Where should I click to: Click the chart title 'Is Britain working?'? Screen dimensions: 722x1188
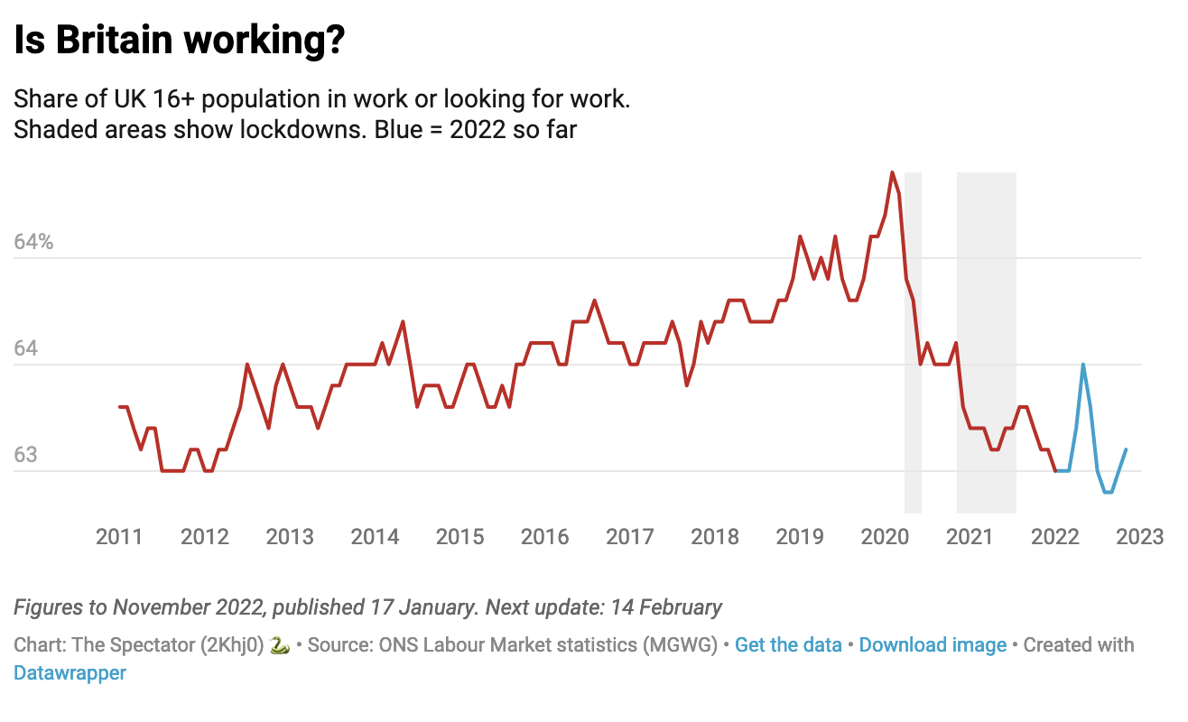pos(180,41)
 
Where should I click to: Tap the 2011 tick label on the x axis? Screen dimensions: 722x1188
pos(119,537)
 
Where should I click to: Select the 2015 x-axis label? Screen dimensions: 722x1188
pos(459,537)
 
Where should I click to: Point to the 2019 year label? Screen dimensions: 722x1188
pos(800,537)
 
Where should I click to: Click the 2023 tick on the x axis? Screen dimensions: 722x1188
pos(1140,537)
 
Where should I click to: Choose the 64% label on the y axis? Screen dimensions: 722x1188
pos(34,242)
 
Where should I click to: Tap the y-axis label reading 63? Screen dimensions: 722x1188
pos(26,454)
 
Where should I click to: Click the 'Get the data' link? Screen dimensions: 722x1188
pos(788,645)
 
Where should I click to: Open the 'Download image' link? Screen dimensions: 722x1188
pos(933,645)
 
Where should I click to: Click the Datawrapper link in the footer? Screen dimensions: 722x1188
pos(70,673)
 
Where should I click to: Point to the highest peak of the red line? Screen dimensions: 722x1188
pos(892,172)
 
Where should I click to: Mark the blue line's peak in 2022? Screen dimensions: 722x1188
pos(1082,365)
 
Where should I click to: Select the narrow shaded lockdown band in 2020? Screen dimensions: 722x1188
pos(913,343)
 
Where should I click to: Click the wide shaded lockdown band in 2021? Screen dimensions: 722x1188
pos(986,343)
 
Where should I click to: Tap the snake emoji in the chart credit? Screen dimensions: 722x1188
pos(280,645)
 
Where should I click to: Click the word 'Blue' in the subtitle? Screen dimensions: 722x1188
pos(394,129)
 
